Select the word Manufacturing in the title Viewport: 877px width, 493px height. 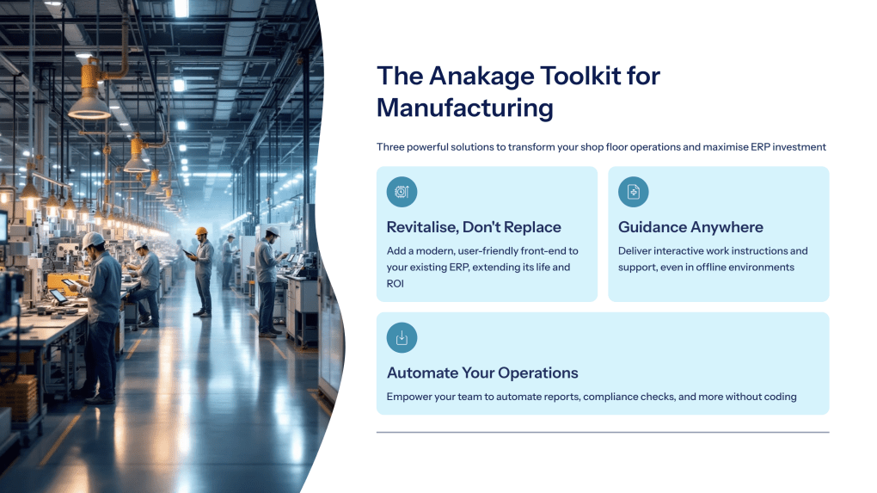[464, 108]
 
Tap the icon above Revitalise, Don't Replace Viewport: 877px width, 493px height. [402, 192]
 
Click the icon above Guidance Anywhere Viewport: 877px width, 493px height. [634, 192]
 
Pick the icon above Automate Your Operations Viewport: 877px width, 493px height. [402, 337]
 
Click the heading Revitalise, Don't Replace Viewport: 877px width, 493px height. [474, 227]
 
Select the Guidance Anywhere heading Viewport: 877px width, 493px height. [690, 227]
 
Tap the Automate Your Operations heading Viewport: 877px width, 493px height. [482, 373]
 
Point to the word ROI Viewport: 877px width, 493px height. [396, 282]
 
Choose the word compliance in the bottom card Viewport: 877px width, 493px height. [617, 397]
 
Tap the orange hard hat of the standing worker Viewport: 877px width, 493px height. [201, 231]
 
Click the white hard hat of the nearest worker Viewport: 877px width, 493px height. [94, 240]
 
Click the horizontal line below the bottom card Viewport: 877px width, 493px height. [602, 432]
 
